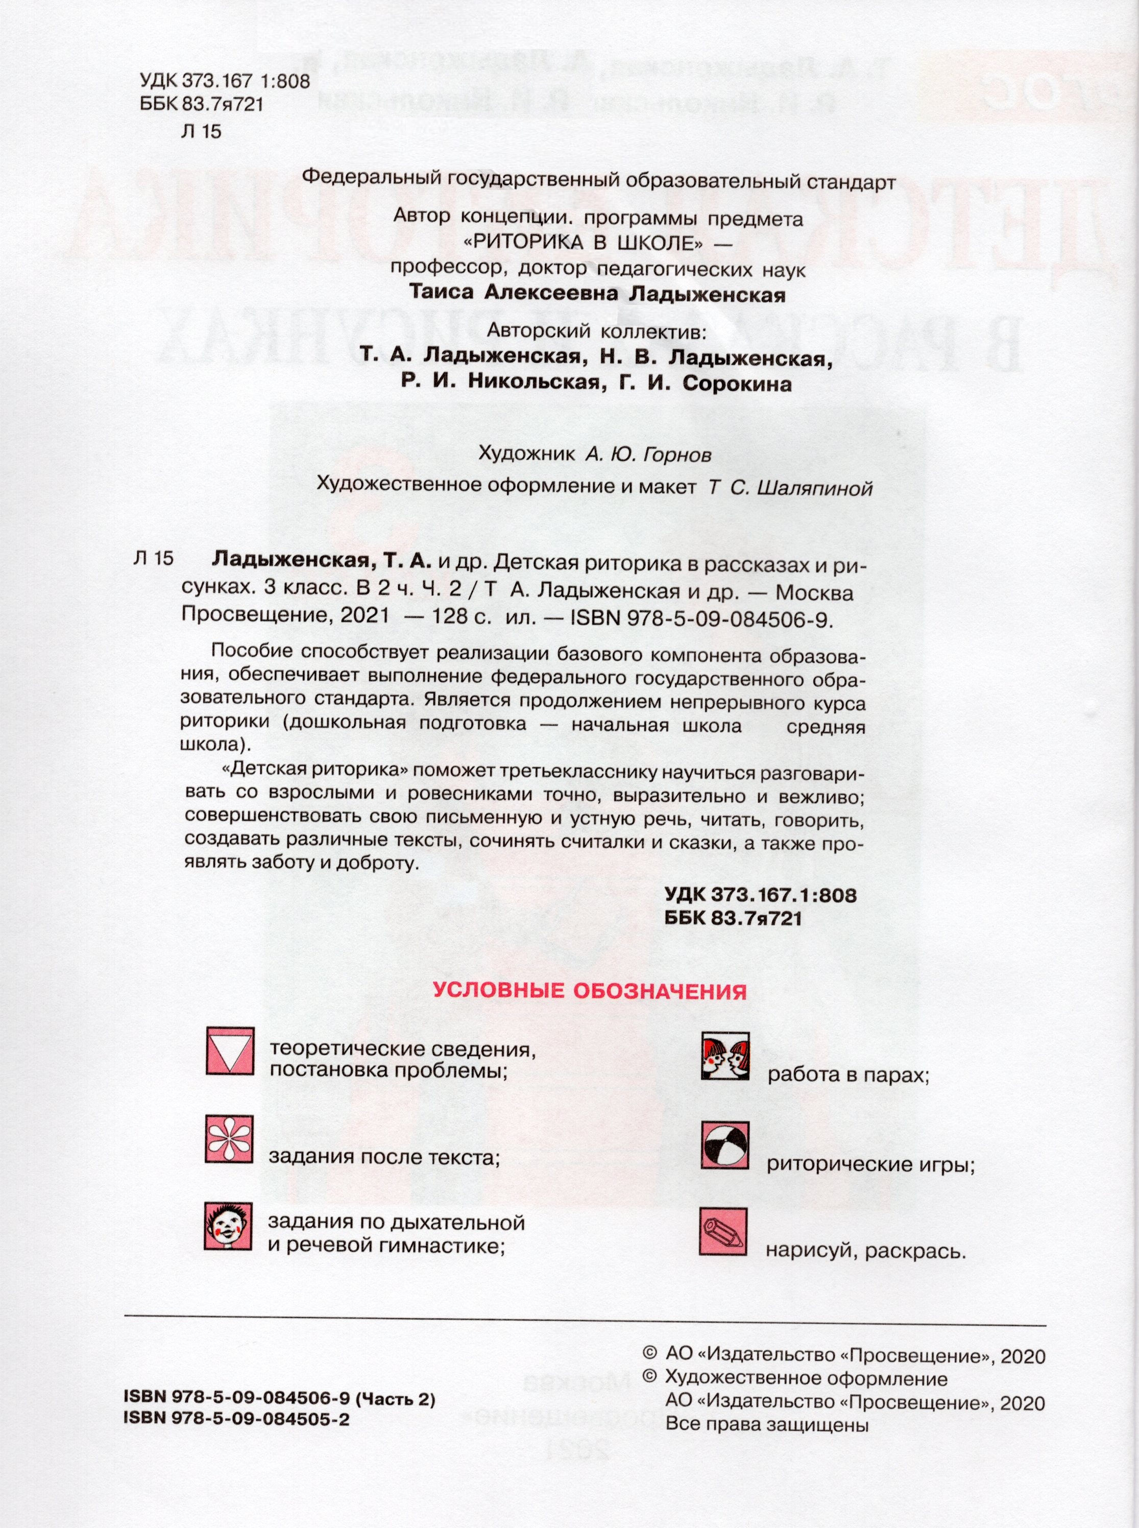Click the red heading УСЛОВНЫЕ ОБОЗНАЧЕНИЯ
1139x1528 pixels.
[590, 991]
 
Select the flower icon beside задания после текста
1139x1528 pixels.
[230, 1139]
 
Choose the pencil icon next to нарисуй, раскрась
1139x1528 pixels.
[723, 1231]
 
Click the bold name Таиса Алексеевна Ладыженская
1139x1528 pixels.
[597, 293]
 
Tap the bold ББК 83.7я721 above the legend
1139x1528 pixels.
[733, 918]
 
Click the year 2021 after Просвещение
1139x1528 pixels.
[365, 615]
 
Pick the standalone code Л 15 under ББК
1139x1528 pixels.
[201, 131]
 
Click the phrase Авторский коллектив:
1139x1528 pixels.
[597, 331]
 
